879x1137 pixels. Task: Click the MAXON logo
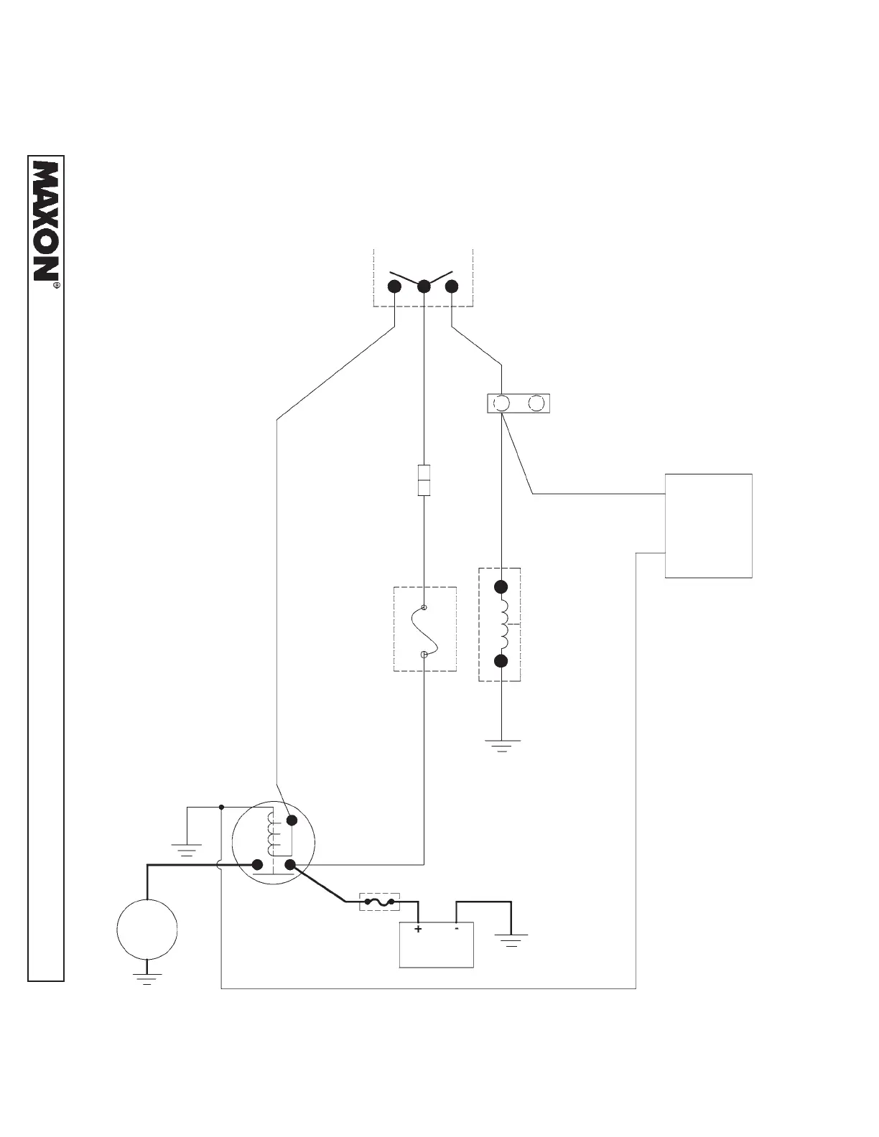[x=46, y=221]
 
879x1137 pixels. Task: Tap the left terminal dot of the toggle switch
[x=394, y=286]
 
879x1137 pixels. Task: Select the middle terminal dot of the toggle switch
[x=424, y=286]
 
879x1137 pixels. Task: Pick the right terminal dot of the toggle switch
[x=452, y=286]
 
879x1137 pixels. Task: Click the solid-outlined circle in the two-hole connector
[x=502, y=403]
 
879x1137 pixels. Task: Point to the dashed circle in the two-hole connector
[x=536, y=403]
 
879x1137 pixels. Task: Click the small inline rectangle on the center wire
[x=424, y=480]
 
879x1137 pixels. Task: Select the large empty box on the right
[x=708, y=525]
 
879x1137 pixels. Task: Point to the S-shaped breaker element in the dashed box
[x=424, y=630]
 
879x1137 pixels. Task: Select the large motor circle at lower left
[x=147, y=929]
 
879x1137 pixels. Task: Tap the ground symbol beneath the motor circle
[x=147, y=979]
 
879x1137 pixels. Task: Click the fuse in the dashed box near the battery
[x=379, y=902]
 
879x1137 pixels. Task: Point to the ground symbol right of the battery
[x=511, y=940]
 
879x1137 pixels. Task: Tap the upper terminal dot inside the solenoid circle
[x=292, y=820]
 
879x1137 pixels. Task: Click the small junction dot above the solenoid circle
[x=221, y=807]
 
